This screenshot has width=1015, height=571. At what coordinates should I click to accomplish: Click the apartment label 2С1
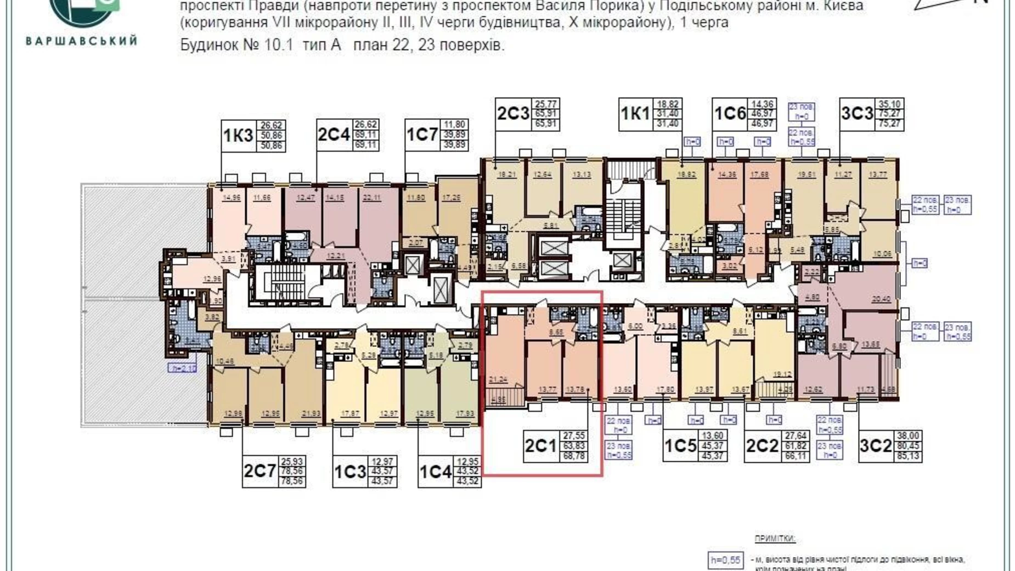[x=540, y=446]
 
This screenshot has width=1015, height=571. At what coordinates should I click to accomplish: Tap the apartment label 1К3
[x=238, y=135]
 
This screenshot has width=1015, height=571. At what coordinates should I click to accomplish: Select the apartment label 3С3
[x=856, y=114]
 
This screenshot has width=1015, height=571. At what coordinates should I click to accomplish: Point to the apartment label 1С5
[x=680, y=446]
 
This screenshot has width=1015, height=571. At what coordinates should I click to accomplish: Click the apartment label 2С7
[x=260, y=471]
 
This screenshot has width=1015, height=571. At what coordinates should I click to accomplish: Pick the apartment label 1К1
[x=635, y=114]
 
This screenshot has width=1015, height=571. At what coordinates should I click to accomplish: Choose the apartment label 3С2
[x=875, y=446]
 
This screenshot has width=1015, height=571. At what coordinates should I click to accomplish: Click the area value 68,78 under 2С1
[x=573, y=456]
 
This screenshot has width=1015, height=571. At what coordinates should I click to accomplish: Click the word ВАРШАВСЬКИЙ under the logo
[x=81, y=41]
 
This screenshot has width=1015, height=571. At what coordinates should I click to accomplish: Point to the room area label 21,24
[x=498, y=379]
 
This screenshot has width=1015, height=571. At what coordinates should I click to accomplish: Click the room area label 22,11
[x=371, y=198]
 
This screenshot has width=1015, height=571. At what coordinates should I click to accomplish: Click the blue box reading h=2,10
[x=182, y=368]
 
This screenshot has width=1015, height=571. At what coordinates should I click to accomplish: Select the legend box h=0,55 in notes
[x=725, y=561]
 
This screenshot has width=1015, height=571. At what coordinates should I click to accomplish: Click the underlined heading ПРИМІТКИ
[x=775, y=539]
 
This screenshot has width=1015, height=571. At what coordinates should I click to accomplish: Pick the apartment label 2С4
[x=333, y=135]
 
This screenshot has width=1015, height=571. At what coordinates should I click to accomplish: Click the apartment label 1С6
[x=730, y=114]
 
